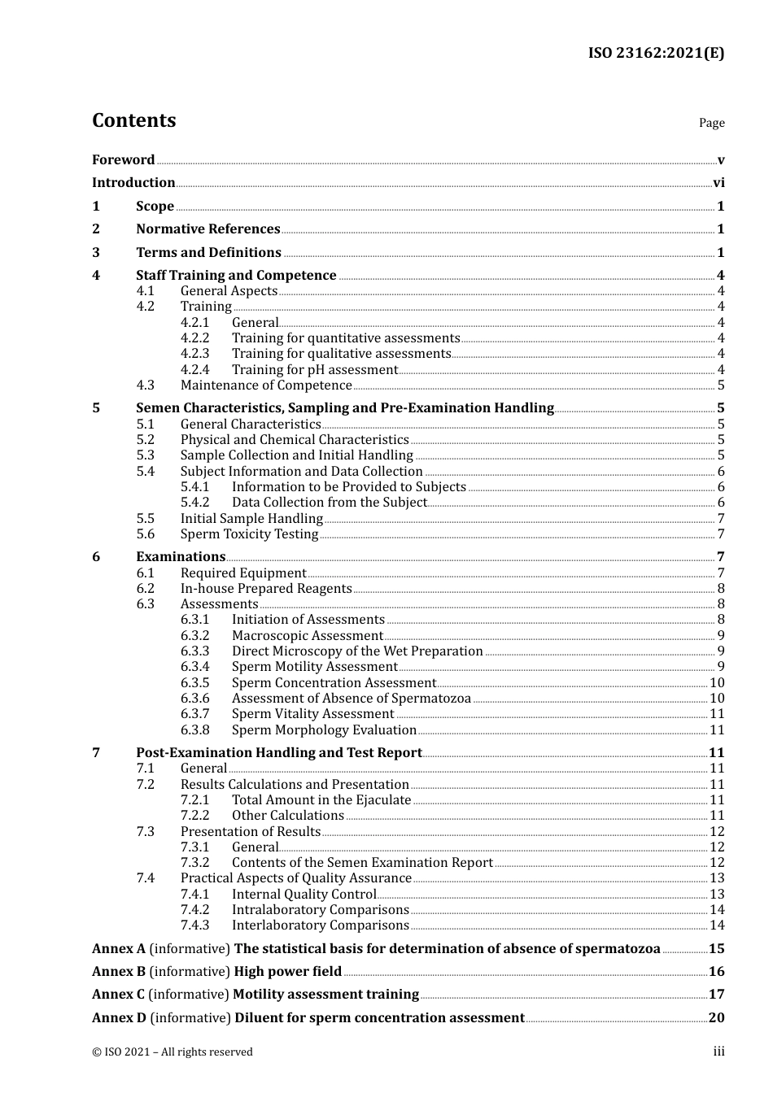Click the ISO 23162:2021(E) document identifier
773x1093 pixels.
click(x=656, y=53)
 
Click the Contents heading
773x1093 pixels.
click(x=133, y=120)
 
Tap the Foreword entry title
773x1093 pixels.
click(x=123, y=160)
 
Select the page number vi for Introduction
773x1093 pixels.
click(x=718, y=183)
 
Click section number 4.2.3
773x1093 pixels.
click(x=194, y=354)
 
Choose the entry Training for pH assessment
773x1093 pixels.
click(x=315, y=370)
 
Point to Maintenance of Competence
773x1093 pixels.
click(x=266, y=385)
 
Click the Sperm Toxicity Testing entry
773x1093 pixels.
click(x=249, y=534)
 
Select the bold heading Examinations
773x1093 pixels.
click(x=181, y=557)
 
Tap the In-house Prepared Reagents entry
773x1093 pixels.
click(x=266, y=589)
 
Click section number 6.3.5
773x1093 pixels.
click(x=194, y=683)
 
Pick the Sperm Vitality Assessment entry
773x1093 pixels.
click(x=312, y=714)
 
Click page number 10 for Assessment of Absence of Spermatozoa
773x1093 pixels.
click(x=717, y=699)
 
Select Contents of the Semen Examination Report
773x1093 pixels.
click(x=362, y=863)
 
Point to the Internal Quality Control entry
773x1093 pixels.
click(x=304, y=895)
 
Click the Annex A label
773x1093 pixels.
click(x=119, y=949)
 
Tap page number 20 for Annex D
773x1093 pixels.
click(x=716, y=1018)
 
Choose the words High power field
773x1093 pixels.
click(x=287, y=972)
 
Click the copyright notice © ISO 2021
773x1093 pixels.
click(x=172, y=1052)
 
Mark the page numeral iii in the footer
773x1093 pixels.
click(x=718, y=1052)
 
